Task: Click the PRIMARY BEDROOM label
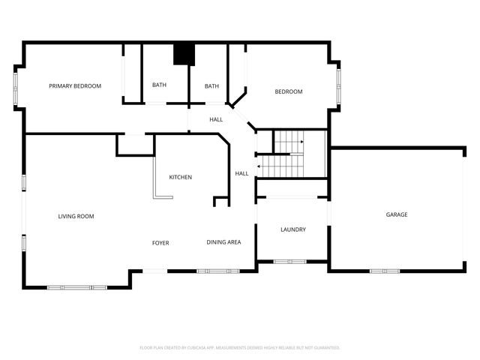(x=75, y=86)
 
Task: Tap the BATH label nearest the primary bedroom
(x=159, y=85)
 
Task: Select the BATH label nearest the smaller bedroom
(x=211, y=86)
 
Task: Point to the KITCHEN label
(x=180, y=178)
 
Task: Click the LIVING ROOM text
(x=76, y=217)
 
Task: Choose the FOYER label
(x=160, y=243)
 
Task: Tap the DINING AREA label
(x=223, y=242)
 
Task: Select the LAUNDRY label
(x=292, y=229)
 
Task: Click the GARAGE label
(x=397, y=215)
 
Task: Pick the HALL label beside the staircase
(x=241, y=174)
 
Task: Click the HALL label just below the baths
(x=216, y=120)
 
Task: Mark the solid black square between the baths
(x=184, y=55)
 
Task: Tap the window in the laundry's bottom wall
(x=292, y=262)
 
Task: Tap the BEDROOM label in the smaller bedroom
(x=288, y=92)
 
